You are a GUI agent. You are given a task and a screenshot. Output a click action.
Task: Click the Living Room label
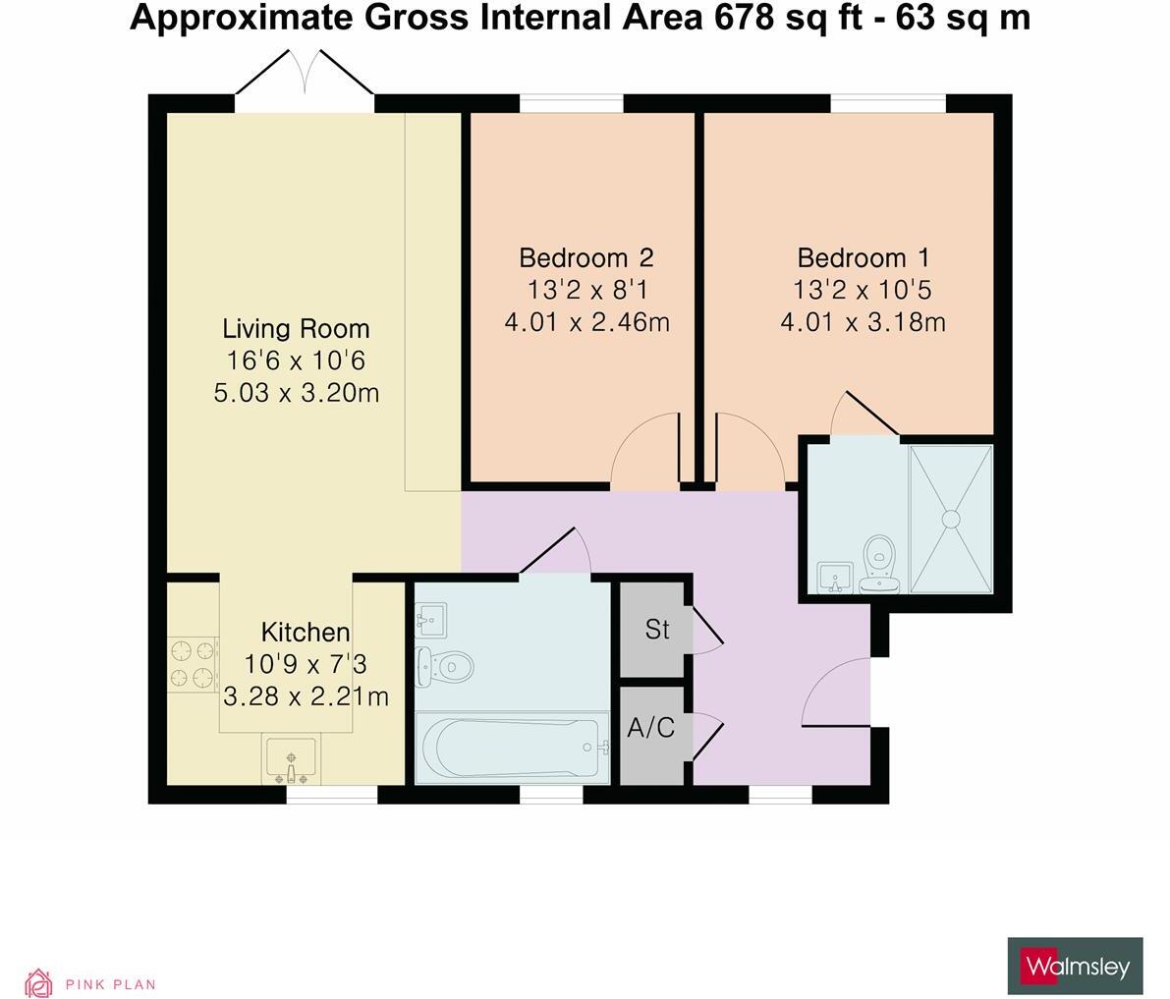pyautogui.click(x=296, y=328)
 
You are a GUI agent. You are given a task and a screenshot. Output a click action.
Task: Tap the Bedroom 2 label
pyautogui.click(x=586, y=258)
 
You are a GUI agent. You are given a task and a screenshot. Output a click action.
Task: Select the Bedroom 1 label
pyautogui.click(x=863, y=258)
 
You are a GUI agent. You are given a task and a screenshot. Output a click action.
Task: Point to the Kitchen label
pyautogui.click(x=305, y=632)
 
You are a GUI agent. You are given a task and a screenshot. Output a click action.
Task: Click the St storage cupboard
pyautogui.click(x=657, y=629)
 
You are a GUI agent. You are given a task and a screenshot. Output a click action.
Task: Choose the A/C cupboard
pyautogui.click(x=651, y=729)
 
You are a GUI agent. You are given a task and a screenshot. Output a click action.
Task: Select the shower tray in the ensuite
pyautogui.click(x=951, y=519)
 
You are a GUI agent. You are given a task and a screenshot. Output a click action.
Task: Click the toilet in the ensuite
pyautogui.click(x=878, y=562)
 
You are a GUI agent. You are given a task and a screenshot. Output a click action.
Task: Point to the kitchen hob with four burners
pyautogui.click(x=193, y=664)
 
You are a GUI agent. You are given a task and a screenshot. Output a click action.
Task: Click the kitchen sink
pyautogui.click(x=291, y=760)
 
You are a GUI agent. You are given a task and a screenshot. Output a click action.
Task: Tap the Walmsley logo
pyautogui.click(x=1075, y=967)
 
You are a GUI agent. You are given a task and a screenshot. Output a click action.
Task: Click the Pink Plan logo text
pyautogui.click(x=110, y=984)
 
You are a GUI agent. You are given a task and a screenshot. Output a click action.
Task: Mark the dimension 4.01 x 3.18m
pyautogui.click(x=863, y=322)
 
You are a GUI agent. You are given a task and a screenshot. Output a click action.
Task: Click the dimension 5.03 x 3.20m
pyautogui.click(x=296, y=393)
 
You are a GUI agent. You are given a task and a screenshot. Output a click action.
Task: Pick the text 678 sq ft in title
pyautogui.click(x=775, y=18)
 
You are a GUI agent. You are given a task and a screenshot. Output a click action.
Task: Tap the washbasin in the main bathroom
pyautogui.click(x=431, y=618)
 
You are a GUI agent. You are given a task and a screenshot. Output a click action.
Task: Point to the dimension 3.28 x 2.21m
pyautogui.click(x=306, y=696)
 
